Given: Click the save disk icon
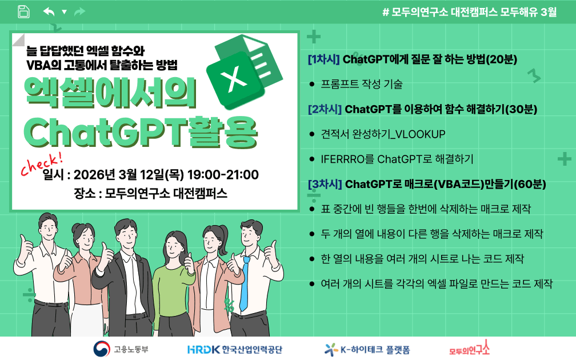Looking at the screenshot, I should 23,11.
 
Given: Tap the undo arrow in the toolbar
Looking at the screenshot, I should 49,11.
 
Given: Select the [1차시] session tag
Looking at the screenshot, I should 323,59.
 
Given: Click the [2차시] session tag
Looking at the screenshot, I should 325,109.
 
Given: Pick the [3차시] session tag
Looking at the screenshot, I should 325,184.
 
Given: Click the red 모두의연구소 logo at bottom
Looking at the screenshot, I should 469,348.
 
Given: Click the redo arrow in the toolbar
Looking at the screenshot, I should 79,11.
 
